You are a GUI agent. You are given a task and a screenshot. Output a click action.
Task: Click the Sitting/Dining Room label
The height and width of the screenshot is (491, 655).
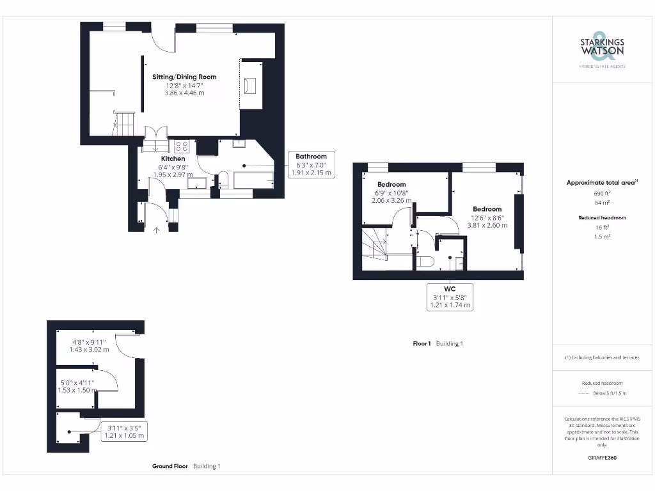(x=184, y=77)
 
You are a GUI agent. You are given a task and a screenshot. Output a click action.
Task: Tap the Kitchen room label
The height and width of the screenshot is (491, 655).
(x=173, y=159)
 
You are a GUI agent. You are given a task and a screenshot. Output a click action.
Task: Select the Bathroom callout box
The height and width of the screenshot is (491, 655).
(x=311, y=164)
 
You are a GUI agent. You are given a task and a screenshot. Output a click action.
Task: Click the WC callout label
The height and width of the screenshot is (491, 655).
(x=450, y=297)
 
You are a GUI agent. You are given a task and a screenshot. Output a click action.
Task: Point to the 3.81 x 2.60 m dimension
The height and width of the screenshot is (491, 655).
(x=487, y=225)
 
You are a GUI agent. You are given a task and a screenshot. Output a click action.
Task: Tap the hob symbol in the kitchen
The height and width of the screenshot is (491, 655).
(x=182, y=146)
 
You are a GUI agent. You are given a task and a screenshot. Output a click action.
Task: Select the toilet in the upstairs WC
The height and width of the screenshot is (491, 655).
(x=425, y=260)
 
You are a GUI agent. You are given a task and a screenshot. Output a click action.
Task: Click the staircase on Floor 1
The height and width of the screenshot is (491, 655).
(x=375, y=246)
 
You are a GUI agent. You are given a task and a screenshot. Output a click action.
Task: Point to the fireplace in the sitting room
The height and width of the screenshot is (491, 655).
(x=250, y=85)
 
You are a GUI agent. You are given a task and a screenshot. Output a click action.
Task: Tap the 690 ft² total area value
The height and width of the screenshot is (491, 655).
(x=602, y=193)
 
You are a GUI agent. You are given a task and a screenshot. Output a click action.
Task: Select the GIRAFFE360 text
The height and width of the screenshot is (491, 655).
(x=602, y=458)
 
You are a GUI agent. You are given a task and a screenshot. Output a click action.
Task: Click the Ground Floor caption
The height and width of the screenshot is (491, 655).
(x=170, y=467)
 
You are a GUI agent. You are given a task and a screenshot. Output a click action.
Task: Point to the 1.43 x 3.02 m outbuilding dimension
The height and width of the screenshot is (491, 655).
(x=89, y=350)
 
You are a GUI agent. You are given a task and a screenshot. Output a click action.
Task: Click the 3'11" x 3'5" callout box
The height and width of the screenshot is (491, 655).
(x=125, y=431)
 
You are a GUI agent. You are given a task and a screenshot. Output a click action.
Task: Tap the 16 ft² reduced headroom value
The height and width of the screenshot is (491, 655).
(x=602, y=228)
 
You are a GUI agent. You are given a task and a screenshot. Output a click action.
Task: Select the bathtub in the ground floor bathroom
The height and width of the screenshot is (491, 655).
(x=253, y=180)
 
